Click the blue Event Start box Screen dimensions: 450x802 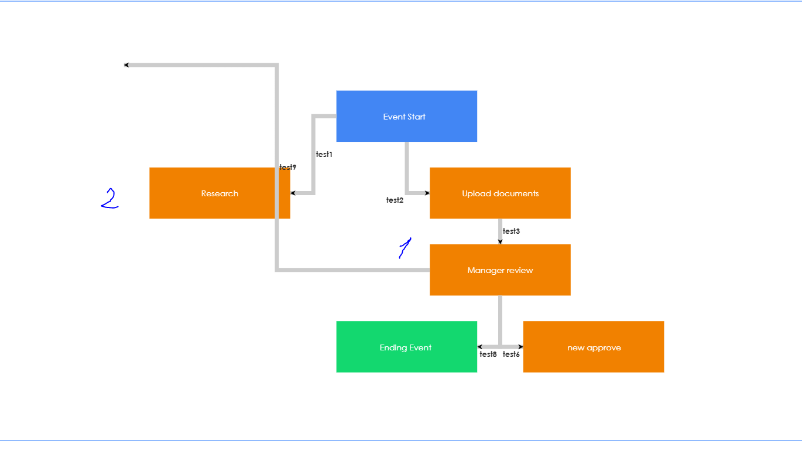coord(406,116)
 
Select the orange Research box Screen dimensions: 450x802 coord(220,193)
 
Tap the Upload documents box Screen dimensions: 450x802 coord(500,193)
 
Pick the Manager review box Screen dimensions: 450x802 coord(500,270)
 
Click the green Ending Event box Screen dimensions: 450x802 coord(406,347)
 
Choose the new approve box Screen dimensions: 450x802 coord(594,347)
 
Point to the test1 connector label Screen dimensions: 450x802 coord(324,155)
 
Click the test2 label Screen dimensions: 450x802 coord(395,200)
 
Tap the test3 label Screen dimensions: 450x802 coord(511,231)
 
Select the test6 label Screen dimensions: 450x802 coord(511,354)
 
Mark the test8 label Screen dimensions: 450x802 coord(488,354)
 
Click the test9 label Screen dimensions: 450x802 coord(287,168)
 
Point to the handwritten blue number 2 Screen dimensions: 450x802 coord(109,199)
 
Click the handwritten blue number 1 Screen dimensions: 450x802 coord(405,248)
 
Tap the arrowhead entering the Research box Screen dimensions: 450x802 coord(293,193)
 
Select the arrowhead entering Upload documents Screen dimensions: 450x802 coord(427,193)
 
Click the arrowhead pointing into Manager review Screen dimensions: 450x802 coord(500,241)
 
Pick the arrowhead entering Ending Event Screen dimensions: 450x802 coord(480,347)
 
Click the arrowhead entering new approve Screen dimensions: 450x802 coord(520,347)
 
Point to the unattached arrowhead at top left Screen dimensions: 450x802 coord(126,65)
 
